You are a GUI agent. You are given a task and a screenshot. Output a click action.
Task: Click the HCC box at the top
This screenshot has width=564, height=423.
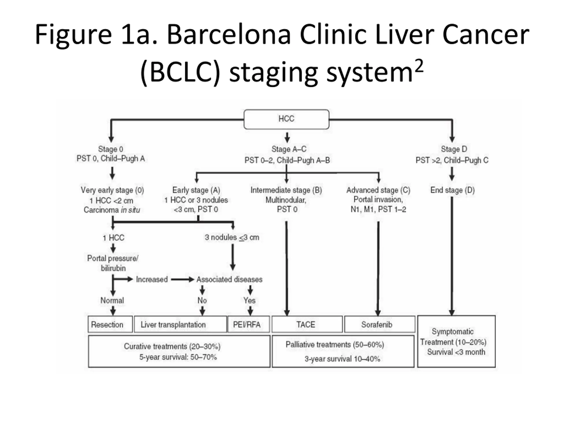286,119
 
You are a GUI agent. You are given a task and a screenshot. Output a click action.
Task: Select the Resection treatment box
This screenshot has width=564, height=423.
110,324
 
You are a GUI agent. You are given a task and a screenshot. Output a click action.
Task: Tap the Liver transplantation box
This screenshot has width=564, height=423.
180,324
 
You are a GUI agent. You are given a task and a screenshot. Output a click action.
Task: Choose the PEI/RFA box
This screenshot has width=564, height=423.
248,324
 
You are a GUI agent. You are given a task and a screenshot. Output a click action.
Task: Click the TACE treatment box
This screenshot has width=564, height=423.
307,324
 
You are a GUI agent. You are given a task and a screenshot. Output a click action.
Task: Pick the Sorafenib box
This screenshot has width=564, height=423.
380,324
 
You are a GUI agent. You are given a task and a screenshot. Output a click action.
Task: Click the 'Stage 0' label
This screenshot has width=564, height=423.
111,149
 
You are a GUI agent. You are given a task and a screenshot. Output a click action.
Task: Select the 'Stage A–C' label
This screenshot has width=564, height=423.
289,149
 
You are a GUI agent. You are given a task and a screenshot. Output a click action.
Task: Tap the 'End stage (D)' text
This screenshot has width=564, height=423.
453,190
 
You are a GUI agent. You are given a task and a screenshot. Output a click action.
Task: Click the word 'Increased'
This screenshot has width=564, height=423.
152,279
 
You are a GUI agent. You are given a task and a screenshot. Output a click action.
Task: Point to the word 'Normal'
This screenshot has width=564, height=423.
112,300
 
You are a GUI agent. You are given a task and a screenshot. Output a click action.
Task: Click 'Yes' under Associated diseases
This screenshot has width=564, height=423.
249,300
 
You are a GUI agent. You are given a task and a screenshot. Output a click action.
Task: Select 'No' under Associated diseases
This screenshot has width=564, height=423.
202,300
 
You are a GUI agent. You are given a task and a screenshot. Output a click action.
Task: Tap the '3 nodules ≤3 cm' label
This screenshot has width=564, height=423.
232,237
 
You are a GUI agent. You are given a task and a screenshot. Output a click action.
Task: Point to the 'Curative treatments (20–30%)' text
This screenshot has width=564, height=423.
172,347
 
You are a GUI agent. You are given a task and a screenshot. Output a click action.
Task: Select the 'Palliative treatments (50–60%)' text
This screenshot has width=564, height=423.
335,345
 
